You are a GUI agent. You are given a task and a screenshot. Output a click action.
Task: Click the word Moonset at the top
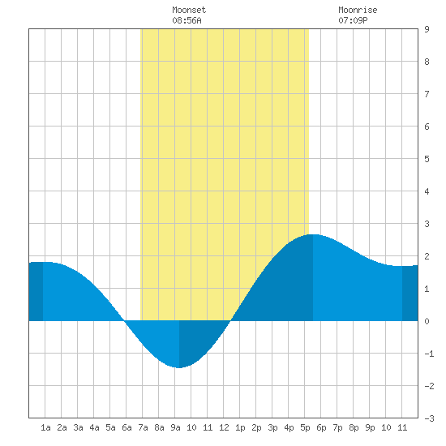(189, 10)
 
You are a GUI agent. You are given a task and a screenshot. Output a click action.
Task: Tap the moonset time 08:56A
(187, 20)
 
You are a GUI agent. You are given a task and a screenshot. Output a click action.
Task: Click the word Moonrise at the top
(358, 10)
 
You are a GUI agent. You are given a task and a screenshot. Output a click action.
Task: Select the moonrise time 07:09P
(353, 20)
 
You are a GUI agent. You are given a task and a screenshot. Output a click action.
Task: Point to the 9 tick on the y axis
(427, 29)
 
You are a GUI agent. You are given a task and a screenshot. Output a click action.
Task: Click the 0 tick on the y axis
(427, 321)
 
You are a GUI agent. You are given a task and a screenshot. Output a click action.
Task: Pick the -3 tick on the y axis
(429, 418)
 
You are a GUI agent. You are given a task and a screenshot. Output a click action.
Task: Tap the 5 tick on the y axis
(427, 159)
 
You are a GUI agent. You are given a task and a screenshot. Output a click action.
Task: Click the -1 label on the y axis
(429, 354)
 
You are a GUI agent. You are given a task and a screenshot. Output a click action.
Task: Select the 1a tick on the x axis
(45, 427)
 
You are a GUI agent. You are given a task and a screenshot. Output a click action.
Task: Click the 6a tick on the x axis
(127, 427)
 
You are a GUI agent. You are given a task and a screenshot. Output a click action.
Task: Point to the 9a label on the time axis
(175, 427)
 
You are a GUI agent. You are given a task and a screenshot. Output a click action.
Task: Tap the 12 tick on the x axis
(224, 427)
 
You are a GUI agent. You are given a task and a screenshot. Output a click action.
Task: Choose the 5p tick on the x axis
(305, 427)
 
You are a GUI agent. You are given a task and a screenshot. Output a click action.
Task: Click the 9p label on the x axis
(370, 427)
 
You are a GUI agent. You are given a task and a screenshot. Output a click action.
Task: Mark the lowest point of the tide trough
(179, 368)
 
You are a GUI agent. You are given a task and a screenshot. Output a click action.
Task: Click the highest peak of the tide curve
(313, 234)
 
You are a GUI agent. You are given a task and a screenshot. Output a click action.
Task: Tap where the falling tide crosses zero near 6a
(125, 321)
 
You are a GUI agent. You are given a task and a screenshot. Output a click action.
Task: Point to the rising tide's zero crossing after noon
(230, 321)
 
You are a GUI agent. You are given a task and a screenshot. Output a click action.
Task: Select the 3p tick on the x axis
(272, 427)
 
